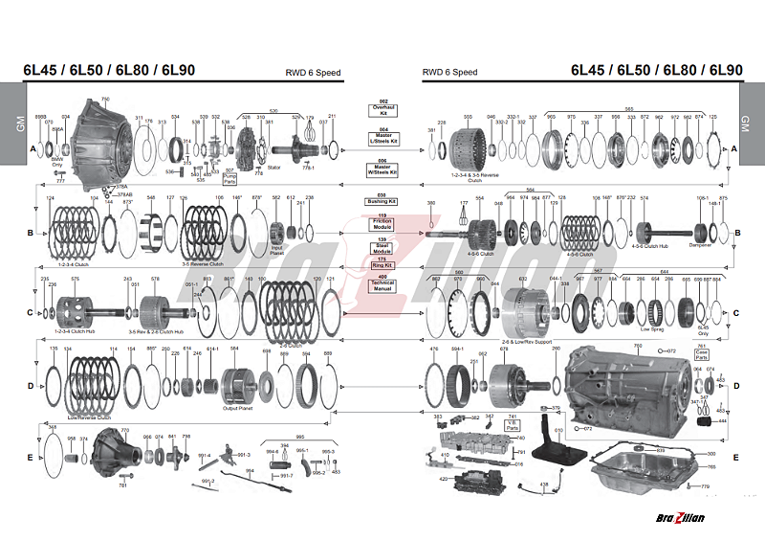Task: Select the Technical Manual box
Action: click(382, 284)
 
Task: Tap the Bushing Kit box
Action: click(382, 202)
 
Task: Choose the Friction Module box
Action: click(382, 223)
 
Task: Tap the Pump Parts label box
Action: click(229, 177)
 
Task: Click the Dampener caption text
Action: click(700, 244)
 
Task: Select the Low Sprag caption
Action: click(651, 328)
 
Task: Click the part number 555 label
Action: click(468, 117)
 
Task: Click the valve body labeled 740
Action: click(469, 445)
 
